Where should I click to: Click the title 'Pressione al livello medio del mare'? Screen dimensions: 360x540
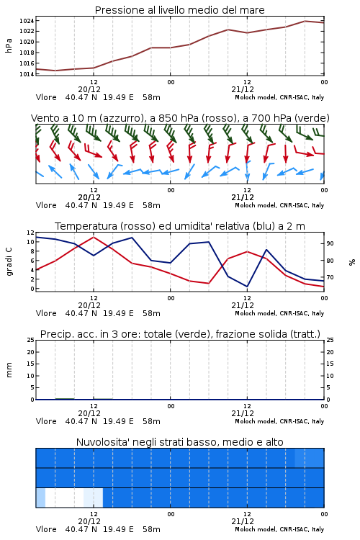pos(179,10)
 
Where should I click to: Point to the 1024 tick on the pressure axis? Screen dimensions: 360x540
pos(27,21)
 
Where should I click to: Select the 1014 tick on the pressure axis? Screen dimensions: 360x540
pos(27,74)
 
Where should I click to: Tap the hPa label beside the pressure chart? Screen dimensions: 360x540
pos(9,45)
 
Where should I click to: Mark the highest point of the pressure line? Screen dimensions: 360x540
pos(305,21)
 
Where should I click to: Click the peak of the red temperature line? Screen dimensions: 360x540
pos(94,237)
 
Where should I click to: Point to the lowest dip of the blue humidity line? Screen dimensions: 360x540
pos(247,287)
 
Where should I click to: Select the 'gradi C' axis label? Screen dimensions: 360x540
pos(9,262)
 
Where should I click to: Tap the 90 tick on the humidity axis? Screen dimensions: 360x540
pos(330,243)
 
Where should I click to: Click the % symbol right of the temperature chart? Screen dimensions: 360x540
pos(352,262)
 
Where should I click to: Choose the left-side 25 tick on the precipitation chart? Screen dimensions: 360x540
pos(31,340)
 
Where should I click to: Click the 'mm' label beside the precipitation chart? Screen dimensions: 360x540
pos(9,370)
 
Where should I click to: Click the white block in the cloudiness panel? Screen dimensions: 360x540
pos(64,498)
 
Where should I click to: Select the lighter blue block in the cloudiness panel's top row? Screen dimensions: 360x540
pos(310,458)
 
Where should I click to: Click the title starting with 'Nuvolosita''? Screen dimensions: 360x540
pos(179,442)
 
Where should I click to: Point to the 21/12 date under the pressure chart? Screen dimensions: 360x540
pos(243,89)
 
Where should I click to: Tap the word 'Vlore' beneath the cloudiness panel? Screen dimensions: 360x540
pos(46,529)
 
